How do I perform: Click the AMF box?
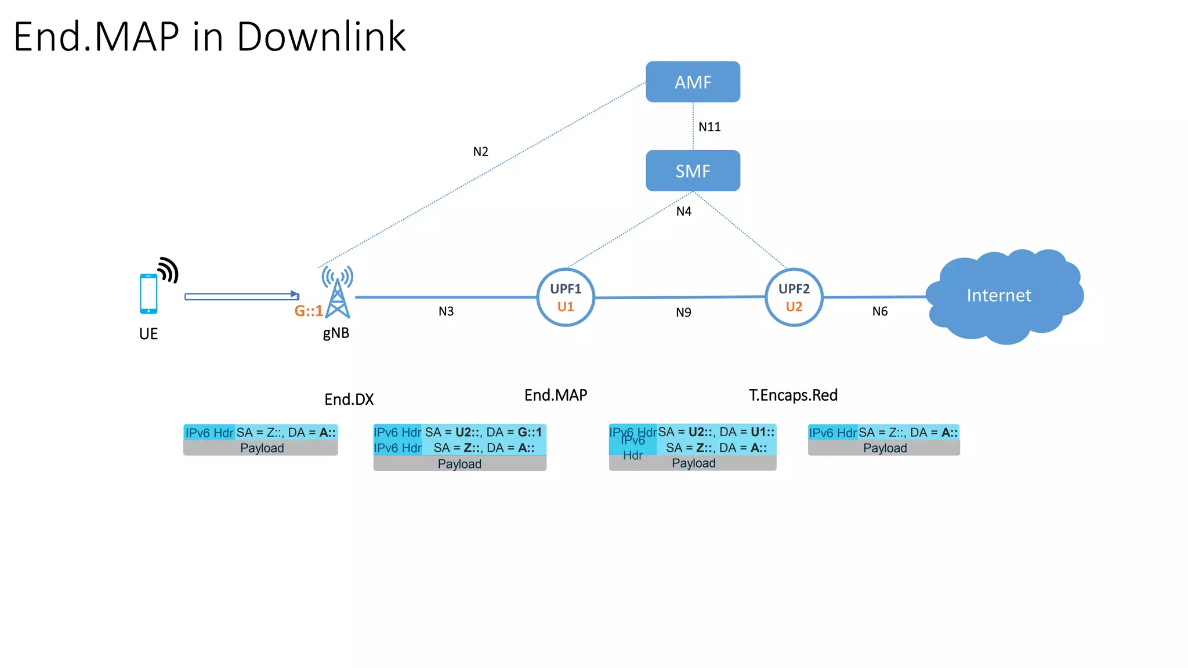[693, 82]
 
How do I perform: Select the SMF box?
[693, 170]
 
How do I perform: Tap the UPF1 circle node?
[566, 297]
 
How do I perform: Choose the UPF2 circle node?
[794, 297]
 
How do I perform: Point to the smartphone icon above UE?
[148, 293]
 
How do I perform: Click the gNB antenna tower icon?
[338, 293]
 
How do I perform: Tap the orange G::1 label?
[308, 311]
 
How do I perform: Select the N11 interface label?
[709, 127]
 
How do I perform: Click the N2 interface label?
[480, 152]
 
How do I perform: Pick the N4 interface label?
[684, 212]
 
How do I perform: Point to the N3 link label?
[445, 311]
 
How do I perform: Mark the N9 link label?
[683, 313]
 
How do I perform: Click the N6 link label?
[879, 311]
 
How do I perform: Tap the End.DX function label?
[349, 400]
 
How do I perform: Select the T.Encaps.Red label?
[793, 395]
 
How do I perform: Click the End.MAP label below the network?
[556, 395]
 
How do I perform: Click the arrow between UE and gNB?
[241, 296]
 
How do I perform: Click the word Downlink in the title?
[321, 37]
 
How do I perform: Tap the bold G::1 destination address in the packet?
[529, 432]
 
